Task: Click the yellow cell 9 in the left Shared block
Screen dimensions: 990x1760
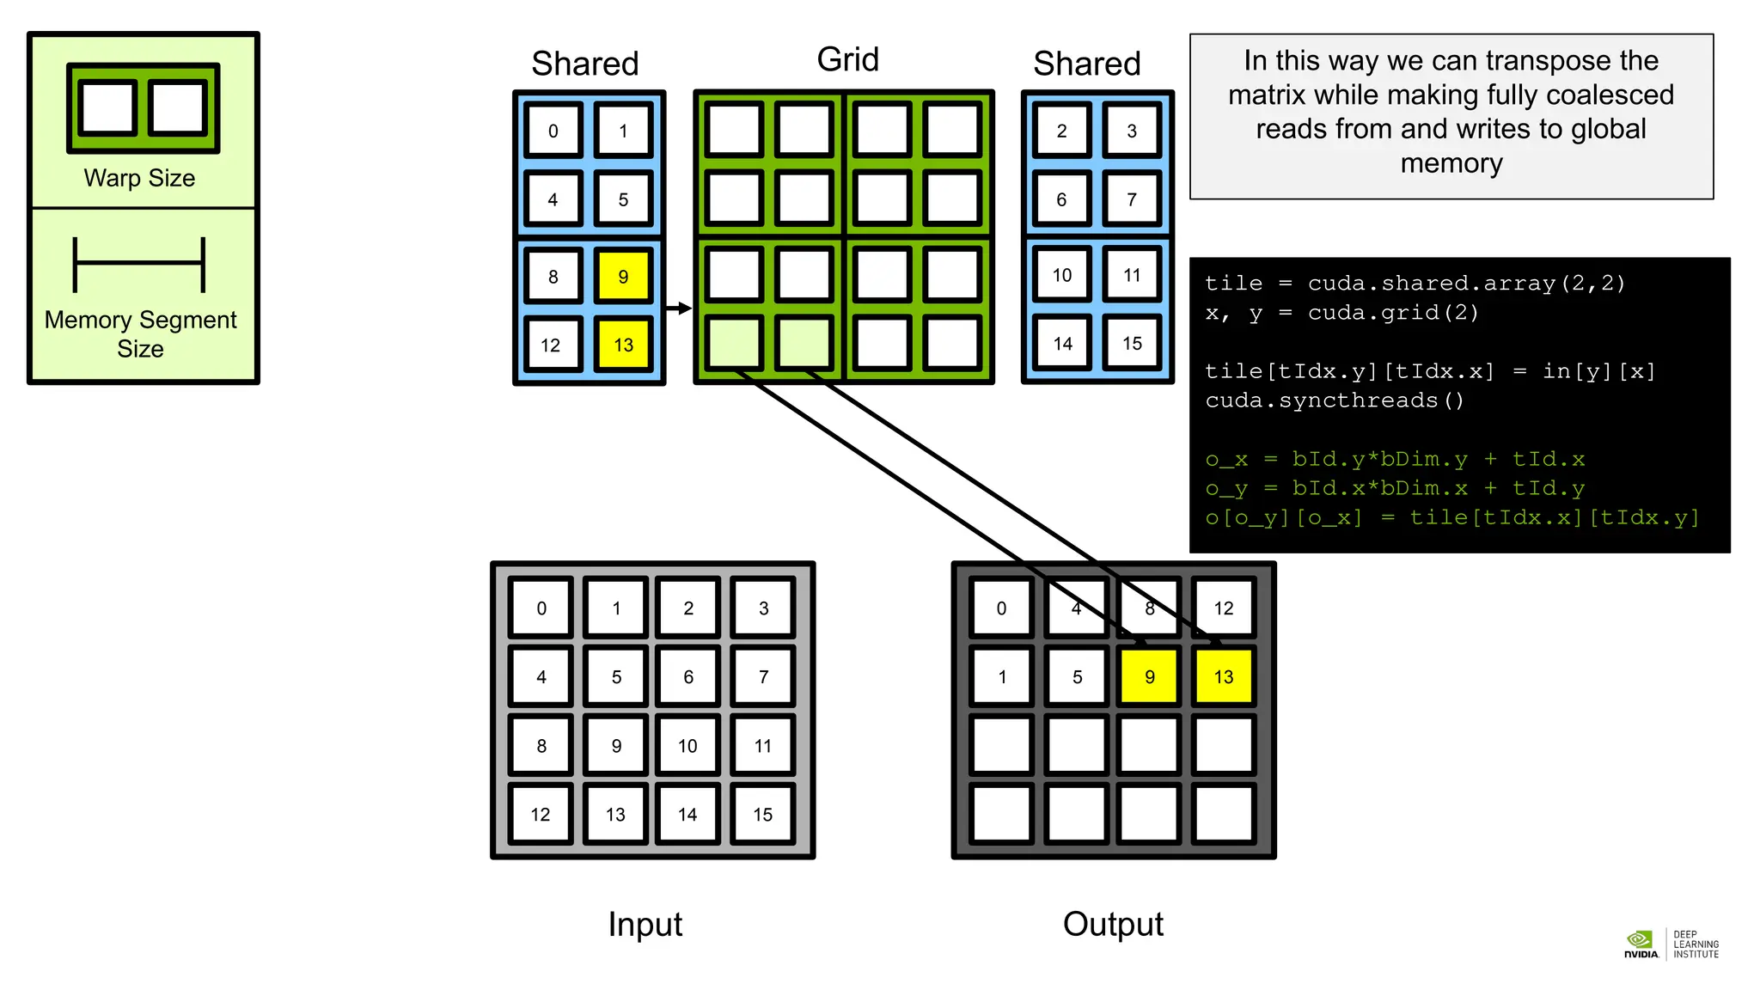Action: click(x=623, y=277)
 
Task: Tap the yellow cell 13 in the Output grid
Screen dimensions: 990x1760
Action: click(x=1223, y=677)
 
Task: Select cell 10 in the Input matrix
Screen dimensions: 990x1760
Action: click(x=687, y=746)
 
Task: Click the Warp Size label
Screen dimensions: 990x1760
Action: click(x=139, y=178)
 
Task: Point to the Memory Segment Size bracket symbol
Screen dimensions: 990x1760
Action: click(x=139, y=265)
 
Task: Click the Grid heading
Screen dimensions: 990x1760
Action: click(x=847, y=59)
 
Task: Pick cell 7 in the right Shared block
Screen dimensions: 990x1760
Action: click(x=1132, y=199)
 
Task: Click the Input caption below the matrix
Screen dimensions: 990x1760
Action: click(x=645, y=925)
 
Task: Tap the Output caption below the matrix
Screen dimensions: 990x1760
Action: click(x=1112, y=925)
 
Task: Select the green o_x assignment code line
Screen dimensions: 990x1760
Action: click(x=1394, y=459)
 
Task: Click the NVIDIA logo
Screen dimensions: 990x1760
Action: click(x=1640, y=944)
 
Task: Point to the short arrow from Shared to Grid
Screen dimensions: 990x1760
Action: click(x=679, y=308)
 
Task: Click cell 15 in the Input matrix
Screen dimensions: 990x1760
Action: click(x=762, y=815)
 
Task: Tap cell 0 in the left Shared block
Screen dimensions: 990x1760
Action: click(x=553, y=131)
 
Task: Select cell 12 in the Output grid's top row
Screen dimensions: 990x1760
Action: click(x=1223, y=608)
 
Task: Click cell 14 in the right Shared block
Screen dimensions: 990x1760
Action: click(x=1062, y=344)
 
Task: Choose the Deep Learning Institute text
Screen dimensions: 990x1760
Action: click(x=1696, y=944)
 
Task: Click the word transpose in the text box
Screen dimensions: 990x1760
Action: click(x=1551, y=61)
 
